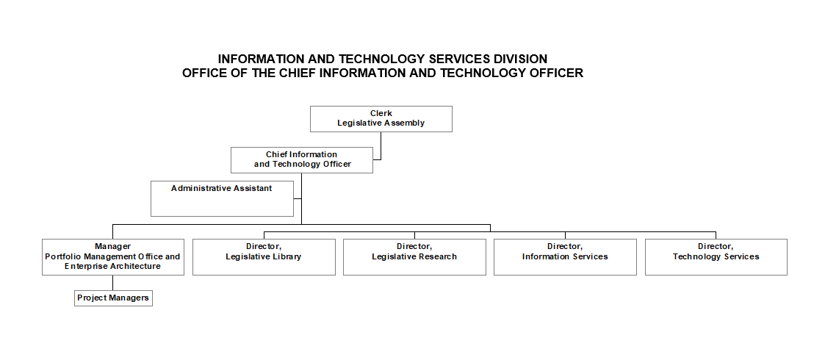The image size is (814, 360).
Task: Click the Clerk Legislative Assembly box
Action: pyautogui.click(x=381, y=119)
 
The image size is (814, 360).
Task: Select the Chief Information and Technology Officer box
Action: pyautogui.click(x=301, y=160)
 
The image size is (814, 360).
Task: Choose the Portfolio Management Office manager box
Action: pyautogui.click(x=112, y=256)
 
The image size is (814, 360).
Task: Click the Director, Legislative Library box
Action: pyautogui.click(x=264, y=256)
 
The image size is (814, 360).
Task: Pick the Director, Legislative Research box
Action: pyautogui.click(x=414, y=256)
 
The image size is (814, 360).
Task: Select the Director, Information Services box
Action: pyautogui.click(x=565, y=256)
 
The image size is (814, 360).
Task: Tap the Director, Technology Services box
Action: pyautogui.click(x=716, y=256)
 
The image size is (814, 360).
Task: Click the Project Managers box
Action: pyautogui.click(x=113, y=298)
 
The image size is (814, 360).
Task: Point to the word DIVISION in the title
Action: pyautogui.click(x=519, y=59)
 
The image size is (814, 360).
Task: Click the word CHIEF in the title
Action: pyautogui.click(x=303, y=73)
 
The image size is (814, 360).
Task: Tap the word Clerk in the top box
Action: pyautogui.click(x=381, y=114)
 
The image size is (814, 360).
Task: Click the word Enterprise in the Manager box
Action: pyautogui.click(x=88, y=267)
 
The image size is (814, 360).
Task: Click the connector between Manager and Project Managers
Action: pyautogui.click(x=112, y=283)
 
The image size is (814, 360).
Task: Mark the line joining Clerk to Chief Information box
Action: pyautogui.click(x=381, y=145)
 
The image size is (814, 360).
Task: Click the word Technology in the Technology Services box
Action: pyautogui.click(x=694, y=257)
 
